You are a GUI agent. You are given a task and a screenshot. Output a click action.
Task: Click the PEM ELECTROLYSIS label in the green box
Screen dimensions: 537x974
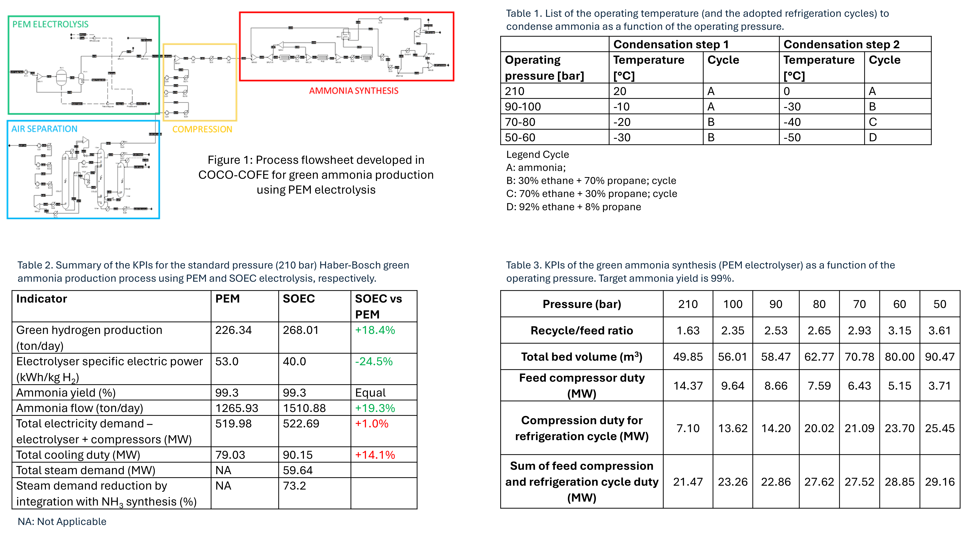pyautogui.click(x=50, y=25)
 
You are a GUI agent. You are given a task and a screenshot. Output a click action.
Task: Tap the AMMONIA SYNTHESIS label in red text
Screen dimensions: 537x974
pyautogui.click(x=354, y=91)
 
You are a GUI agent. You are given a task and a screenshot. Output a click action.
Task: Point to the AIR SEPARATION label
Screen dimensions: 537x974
pyautogui.click(x=44, y=129)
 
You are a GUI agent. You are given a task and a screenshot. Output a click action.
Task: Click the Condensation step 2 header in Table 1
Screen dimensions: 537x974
pyautogui.click(x=841, y=45)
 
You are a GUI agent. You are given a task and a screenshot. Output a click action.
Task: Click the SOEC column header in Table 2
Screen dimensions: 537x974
pyautogui.click(x=299, y=299)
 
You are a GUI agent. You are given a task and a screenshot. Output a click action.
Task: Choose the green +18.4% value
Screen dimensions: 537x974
pyautogui.click(x=375, y=330)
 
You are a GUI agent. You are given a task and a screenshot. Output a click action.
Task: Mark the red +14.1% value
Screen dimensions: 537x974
pyautogui.click(x=375, y=455)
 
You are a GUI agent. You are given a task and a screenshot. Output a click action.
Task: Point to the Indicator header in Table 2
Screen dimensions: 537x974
pyautogui.click(x=42, y=299)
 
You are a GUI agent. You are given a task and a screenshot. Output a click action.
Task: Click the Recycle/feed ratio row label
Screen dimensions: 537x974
pyautogui.click(x=581, y=331)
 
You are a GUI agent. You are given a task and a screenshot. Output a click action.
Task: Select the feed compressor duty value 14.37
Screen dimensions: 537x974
pyautogui.click(x=688, y=386)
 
